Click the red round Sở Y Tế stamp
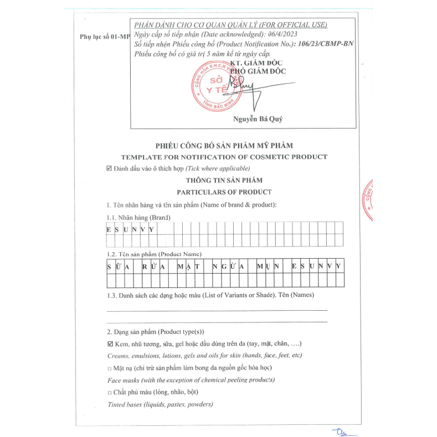pos(213,85)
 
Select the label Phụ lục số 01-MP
pos(104,37)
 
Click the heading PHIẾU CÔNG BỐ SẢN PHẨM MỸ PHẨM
pos(224,146)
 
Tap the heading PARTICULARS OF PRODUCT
pos(224,192)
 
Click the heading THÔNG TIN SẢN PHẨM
pos(224,180)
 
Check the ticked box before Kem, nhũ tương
pos(110,344)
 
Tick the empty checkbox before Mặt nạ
pos(110,368)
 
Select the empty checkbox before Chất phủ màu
pos(110,392)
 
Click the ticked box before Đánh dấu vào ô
pos(109,168)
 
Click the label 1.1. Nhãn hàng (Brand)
pos(138,217)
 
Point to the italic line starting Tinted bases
pos(160,404)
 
